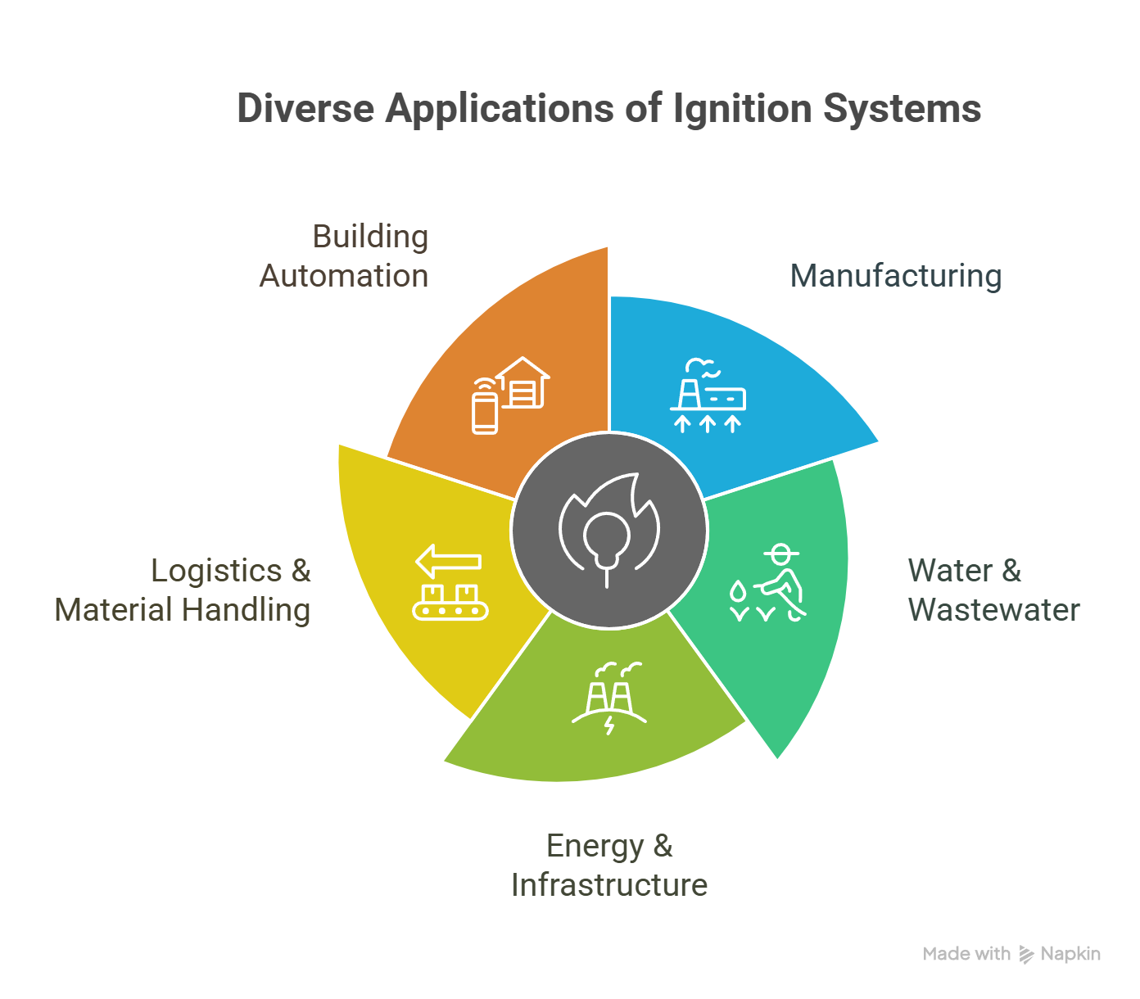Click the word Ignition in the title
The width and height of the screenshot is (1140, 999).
(742, 109)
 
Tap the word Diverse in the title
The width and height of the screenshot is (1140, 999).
(305, 108)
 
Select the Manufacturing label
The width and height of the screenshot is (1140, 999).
(895, 276)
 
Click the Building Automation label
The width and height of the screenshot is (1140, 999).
(344, 256)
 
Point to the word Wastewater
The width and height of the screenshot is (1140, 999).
(993, 609)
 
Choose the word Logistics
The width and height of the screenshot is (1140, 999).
(216, 572)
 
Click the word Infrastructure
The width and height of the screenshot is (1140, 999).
(608, 884)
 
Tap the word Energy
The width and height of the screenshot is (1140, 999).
(595, 847)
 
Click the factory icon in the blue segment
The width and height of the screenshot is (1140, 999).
(708, 396)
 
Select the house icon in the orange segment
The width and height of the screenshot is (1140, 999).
(522, 382)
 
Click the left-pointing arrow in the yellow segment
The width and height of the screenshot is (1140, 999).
(448, 561)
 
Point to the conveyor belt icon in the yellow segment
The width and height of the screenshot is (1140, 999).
(450, 603)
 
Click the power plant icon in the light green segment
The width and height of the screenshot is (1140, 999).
(608, 698)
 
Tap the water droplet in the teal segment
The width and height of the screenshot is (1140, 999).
(738, 592)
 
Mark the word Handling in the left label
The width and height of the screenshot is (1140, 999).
(246, 611)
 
